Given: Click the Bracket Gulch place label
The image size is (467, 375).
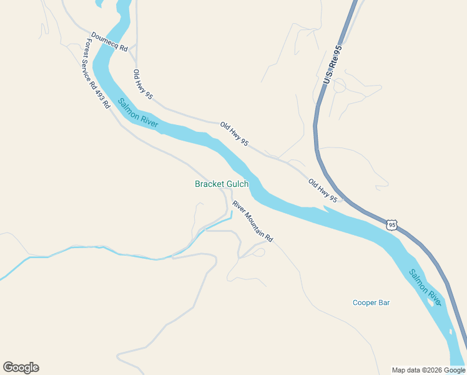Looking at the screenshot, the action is tap(222, 184).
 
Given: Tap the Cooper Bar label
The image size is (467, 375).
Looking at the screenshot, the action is tap(371, 302).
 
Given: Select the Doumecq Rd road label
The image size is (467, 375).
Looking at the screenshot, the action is tap(109, 42).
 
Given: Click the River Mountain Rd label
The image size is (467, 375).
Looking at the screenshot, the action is tap(253, 221).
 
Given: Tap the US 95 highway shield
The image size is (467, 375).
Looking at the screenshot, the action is tap(391, 225).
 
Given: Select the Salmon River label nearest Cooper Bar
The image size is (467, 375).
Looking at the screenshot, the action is tap(425, 287).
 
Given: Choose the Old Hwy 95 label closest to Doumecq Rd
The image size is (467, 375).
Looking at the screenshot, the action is tap(143, 84).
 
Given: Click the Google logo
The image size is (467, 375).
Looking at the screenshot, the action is tap(21, 367).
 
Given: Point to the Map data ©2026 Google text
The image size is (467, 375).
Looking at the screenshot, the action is tap(428, 370).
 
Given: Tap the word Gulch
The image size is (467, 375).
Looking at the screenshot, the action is tap(237, 184).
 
